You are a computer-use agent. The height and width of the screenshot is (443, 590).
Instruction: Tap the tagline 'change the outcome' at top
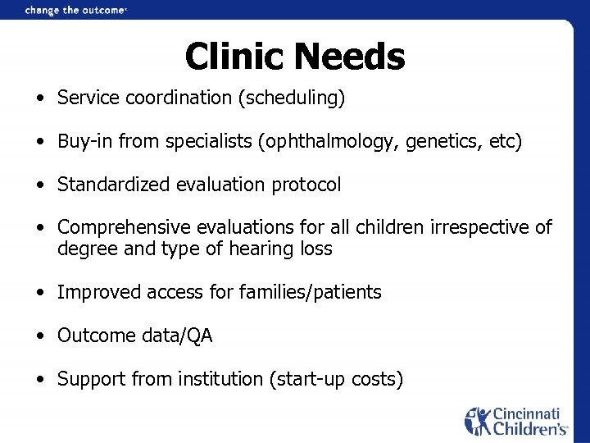pos(75,10)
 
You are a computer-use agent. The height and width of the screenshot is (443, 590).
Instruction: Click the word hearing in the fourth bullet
pos(249,249)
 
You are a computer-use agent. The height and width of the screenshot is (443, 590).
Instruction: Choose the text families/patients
pos(311,292)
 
